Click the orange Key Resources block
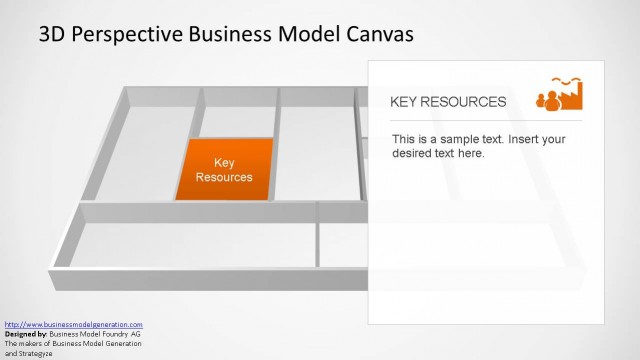224,169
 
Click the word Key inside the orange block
224,162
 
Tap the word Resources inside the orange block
224,177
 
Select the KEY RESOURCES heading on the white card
447,102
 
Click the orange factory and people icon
561,94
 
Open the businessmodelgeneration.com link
74,325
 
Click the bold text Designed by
27,334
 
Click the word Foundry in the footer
109,334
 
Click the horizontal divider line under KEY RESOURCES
485,120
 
